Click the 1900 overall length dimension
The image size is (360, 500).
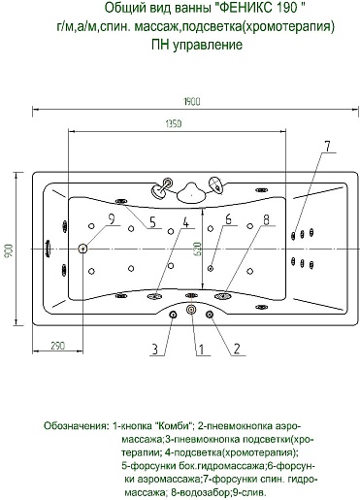coord(192,102)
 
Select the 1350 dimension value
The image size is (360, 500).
coord(174,123)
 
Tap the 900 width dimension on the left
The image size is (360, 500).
coord(9,250)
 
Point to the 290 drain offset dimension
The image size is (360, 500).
coord(58,346)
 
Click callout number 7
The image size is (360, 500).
coord(328,147)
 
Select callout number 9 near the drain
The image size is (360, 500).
coord(112,219)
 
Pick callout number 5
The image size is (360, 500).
coord(152,222)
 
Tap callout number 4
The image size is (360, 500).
coord(185,222)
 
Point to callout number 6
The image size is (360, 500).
coord(228,219)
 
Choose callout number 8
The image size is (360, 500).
coord(266,219)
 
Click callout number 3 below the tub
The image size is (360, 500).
coord(155,350)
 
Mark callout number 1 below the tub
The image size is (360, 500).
coord(201,350)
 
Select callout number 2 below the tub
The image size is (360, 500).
coord(237,350)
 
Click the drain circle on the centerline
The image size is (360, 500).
coord(82,249)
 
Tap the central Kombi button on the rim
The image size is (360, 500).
coord(191,310)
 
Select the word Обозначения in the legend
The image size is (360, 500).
coord(76,425)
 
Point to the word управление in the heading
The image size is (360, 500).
coord(208,45)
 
